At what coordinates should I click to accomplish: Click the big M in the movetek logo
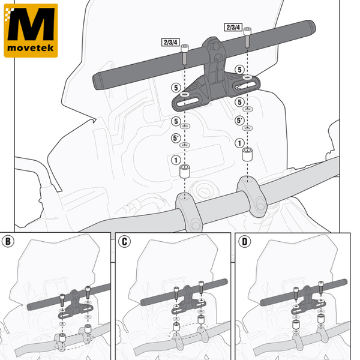click(31, 25)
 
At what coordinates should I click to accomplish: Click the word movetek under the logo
click(31, 48)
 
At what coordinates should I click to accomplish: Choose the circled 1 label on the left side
click(175, 160)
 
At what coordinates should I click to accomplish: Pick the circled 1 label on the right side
click(240, 143)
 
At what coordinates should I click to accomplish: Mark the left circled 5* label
click(175, 139)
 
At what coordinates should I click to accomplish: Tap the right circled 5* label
click(240, 121)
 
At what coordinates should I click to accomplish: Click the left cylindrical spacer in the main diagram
click(185, 171)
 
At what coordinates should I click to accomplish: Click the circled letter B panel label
click(9, 242)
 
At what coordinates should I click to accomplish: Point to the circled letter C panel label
click(124, 242)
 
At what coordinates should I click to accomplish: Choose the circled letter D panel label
click(244, 242)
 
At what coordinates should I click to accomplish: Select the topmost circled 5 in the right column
click(240, 70)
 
